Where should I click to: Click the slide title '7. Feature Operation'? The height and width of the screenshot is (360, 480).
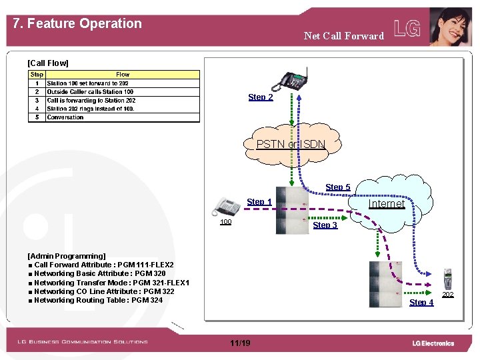click(x=77, y=23)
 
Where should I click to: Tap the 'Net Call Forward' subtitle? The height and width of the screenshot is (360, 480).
click(x=343, y=36)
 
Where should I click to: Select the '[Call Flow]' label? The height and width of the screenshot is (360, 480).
click(x=47, y=63)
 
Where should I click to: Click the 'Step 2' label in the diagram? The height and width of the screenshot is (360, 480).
click(x=261, y=97)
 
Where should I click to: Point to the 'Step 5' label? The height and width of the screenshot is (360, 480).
click(x=337, y=187)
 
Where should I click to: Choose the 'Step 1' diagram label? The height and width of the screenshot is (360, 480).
click(x=259, y=202)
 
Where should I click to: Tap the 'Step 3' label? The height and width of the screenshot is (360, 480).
click(x=325, y=225)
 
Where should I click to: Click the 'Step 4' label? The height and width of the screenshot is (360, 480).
click(x=421, y=303)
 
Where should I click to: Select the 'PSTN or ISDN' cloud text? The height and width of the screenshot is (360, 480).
click(x=291, y=145)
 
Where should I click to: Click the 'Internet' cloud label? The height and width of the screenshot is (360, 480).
click(x=387, y=204)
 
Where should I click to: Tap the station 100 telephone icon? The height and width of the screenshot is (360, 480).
click(x=227, y=207)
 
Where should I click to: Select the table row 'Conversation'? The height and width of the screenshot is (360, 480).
click(x=65, y=117)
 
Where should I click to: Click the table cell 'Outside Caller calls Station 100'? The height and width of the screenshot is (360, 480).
click(x=90, y=92)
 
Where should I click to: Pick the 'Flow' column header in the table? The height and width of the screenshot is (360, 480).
click(x=123, y=75)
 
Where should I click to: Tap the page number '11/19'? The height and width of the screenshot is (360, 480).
click(x=240, y=343)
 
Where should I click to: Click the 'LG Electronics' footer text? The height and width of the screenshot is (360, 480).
click(x=433, y=343)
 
